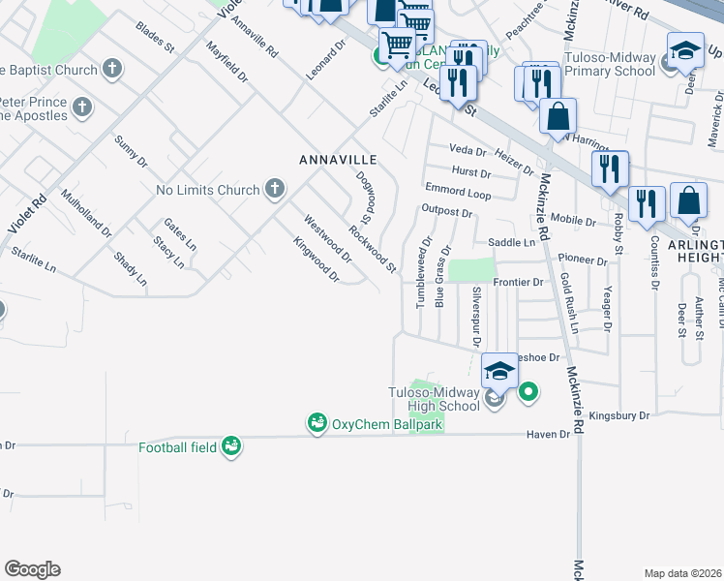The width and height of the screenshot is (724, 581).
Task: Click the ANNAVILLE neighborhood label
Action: click(337, 159)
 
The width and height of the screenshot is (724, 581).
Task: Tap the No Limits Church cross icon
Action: click(275, 189)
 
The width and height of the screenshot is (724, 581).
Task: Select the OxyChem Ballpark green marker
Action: click(317, 423)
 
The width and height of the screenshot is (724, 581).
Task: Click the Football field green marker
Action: click(230, 445)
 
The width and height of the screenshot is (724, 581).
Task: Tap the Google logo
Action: click(32, 569)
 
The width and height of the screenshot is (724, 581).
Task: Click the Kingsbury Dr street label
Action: click(618, 414)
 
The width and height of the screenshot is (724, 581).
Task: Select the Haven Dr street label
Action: click(549, 435)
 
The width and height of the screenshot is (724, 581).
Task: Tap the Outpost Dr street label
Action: click(446, 212)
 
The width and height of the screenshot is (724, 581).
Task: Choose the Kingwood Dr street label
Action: click(317, 260)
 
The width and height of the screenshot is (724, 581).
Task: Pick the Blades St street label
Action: click(156, 37)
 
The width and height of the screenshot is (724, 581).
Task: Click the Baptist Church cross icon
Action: click(112, 70)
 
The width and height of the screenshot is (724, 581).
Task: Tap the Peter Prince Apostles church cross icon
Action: click(81, 107)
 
